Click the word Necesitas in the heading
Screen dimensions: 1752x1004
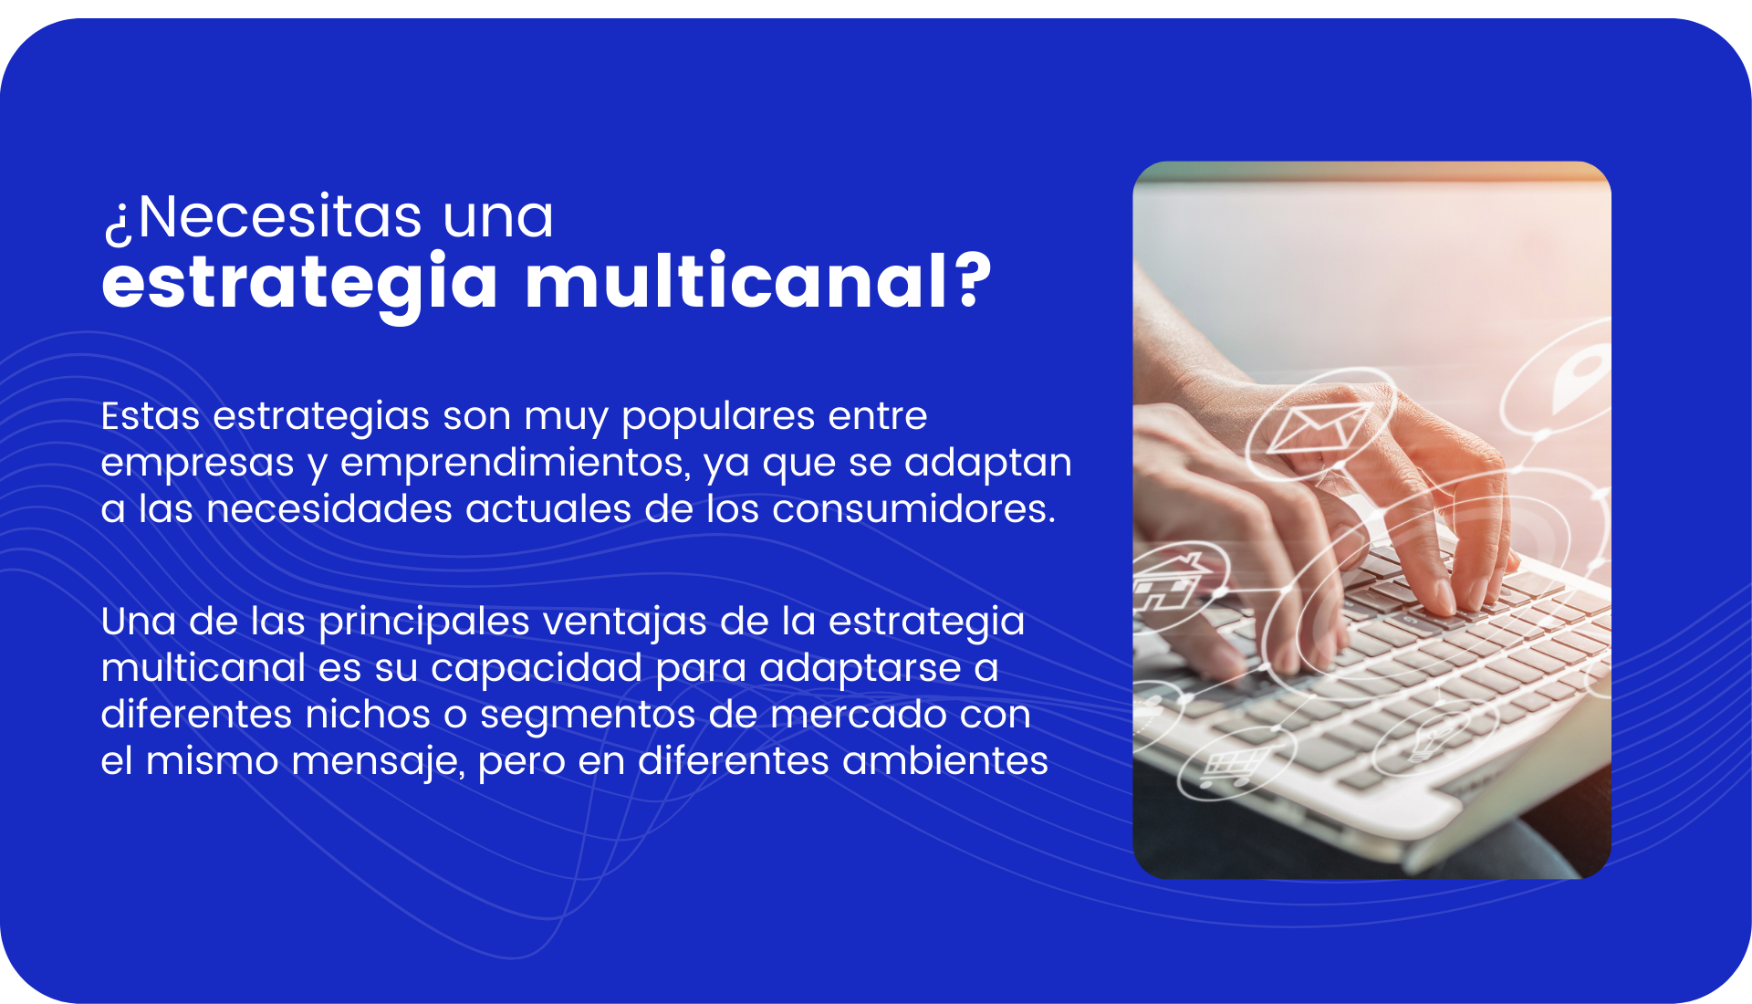pyautogui.click(x=280, y=217)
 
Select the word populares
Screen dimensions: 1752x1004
pyautogui.click(x=717, y=417)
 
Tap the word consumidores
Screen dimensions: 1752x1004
pyautogui.click(x=913, y=508)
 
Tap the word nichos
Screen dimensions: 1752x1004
pyautogui.click(x=368, y=714)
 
